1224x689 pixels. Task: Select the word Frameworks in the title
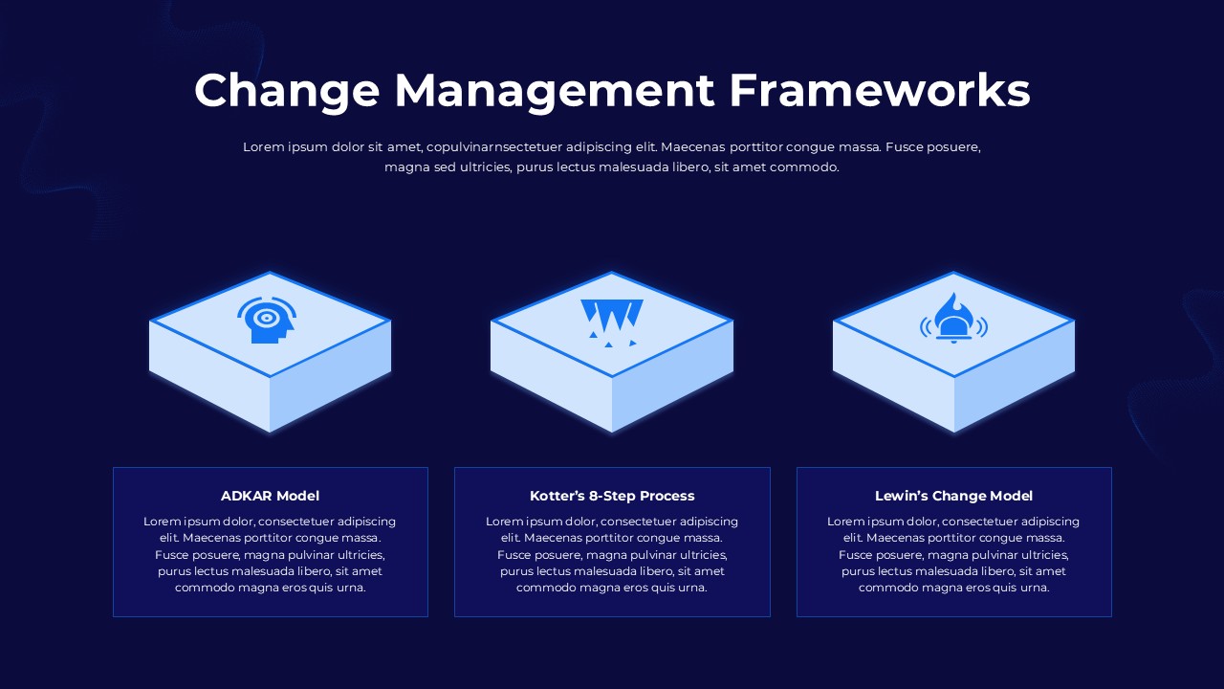(880, 90)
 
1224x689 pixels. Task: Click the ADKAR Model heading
(270, 496)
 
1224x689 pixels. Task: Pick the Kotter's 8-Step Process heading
(612, 496)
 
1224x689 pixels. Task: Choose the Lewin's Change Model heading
(953, 496)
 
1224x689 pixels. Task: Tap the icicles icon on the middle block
(611, 322)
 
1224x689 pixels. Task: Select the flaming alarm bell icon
(953, 319)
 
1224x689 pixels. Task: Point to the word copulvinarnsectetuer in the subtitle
(494, 147)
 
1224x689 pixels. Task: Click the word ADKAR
(246, 496)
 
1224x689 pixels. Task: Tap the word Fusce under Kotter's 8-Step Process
(514, 555)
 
